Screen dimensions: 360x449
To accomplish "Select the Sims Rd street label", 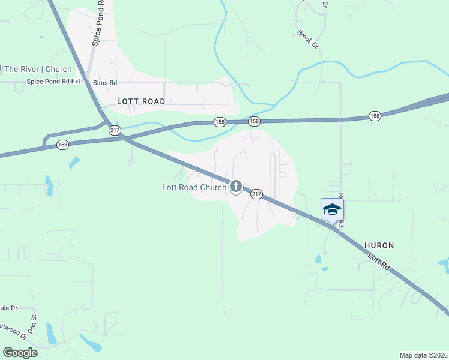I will tap(104, 82).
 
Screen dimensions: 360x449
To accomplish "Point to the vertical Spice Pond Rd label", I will tap(99, 25).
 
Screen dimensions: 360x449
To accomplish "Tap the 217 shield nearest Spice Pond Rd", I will tap(114, 130).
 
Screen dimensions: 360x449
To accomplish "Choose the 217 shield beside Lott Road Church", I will tap(256, 194).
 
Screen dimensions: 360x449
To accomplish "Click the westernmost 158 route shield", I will tap(62, 145).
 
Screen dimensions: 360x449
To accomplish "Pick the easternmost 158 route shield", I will tap(375, 116).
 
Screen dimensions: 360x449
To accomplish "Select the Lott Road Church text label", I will tap(194, 187).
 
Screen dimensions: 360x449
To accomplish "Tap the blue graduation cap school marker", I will tap(332, 209).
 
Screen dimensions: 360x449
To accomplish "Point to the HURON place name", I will tap(379, 245).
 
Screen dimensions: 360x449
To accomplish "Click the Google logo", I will tap(20, 352).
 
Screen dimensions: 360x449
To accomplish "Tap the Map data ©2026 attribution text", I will tap(423, 355).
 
